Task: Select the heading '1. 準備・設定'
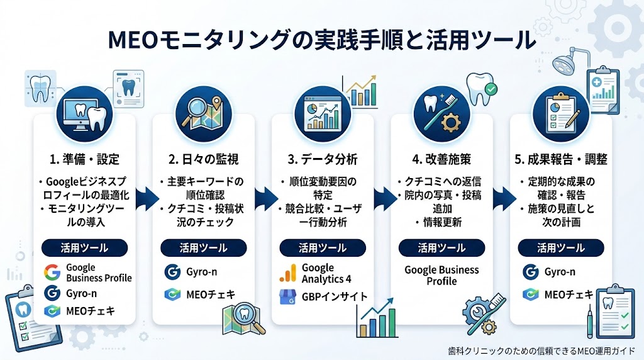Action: pyautogui.click(x=85, y=159)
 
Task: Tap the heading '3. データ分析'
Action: pyautogui.click(x=323, y=159)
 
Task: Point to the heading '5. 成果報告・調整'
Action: pyautogui.click(x=560, y=159)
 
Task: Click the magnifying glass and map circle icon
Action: pyautogui.click(x=204, y=115)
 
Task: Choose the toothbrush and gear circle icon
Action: pyautogui.click(x=441, y=115)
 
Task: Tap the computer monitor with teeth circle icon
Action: pyautogui.click(x=85, y=115)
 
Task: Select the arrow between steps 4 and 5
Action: pyautogui.click(x=504, y=199)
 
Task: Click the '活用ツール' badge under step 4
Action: pyautogui.click(x=441, y=248)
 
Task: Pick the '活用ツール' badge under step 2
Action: pyautogui.click(x=204, y=248)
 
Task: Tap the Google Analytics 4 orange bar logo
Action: pyautogui.click(x=288, y=273)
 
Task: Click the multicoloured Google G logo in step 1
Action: pyautogui.click(x=52, y=273)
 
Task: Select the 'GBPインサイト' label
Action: pyautogui.click(x=335, y=296)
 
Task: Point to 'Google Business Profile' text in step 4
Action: pyautogui.click(x=441, y=275)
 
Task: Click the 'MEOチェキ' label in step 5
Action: pyautogui.click(x=569, y=295)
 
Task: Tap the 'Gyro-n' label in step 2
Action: pyautogui.click(x=202, y=272)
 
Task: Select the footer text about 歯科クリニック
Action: pyautogui.click(x=541, y=351)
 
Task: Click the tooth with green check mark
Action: pyautogui.click(x=481, y=87)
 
